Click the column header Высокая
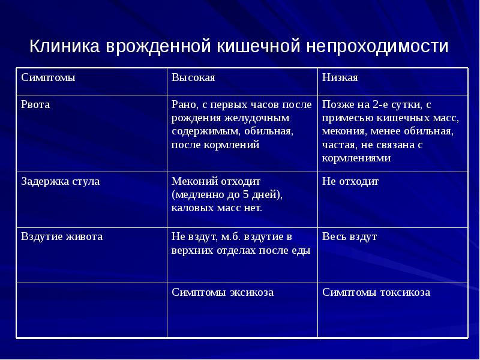pos(193,78)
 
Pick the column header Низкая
pos(340,78)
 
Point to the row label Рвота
pos(35,104)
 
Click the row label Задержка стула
pos(61,181)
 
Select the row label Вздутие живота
pos(62,236)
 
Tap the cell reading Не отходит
pos(350,181)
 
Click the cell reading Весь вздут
pos(349,236)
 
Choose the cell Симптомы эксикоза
pos(223,292)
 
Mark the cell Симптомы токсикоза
pos(376,292)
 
